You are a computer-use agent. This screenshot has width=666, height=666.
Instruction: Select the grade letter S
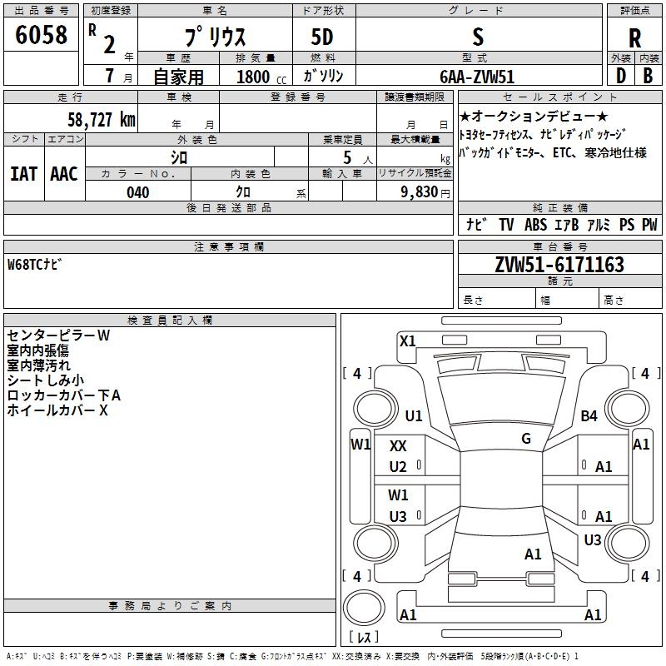[x=477, y=37]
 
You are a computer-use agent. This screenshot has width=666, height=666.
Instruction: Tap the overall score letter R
[x=634, y=38]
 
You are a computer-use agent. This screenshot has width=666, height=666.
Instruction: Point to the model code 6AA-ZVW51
[x=477, y=77]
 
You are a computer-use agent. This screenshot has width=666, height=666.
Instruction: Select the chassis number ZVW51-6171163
[x=559, y=265]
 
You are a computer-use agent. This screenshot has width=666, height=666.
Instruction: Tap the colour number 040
[x=137, y=192]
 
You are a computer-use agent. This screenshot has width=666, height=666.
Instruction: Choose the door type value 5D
[x=323, y=38]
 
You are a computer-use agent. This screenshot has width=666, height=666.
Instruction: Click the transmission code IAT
[x=23, y=173]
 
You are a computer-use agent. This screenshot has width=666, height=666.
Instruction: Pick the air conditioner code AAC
[x=63, y=173]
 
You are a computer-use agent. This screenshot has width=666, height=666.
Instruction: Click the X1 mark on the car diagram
[x=407, y=340]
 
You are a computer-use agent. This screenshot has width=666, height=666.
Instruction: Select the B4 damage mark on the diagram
[x=589, y=415]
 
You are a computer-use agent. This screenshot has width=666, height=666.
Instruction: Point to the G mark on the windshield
[x=526, y=439]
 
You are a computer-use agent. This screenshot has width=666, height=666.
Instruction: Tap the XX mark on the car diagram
[x=398, y=447]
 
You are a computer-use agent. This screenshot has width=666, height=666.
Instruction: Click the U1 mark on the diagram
[x=413, y=415]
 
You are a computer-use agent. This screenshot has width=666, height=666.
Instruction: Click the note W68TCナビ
[x=34, y=265]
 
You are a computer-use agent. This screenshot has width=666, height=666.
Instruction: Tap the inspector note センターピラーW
[x=58, y=335]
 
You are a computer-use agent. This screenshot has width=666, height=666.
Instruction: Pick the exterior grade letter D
[x=620, y=76]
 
